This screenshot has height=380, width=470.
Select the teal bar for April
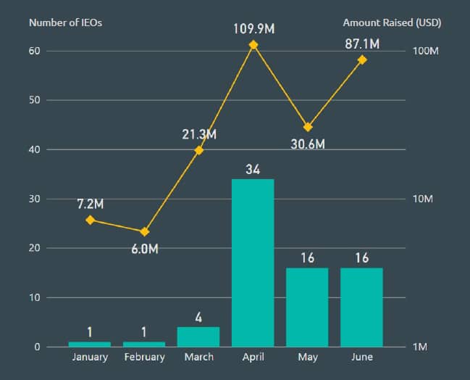253,263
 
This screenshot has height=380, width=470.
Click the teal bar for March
198,336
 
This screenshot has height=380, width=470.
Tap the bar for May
307,307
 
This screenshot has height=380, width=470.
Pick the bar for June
361,307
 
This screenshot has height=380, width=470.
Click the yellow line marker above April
253,45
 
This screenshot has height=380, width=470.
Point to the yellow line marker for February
144,231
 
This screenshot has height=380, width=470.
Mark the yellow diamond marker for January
91,220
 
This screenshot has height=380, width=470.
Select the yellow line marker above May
308,127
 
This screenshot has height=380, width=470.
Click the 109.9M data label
253,29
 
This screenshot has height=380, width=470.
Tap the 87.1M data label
362,44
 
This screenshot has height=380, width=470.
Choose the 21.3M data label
199,134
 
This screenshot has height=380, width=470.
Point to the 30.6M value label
308,143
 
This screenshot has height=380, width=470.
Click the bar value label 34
253,170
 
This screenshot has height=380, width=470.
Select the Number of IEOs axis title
65,22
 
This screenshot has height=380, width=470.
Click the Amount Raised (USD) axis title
392,22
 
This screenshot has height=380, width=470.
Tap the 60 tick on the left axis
34,51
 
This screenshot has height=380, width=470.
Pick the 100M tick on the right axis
427,51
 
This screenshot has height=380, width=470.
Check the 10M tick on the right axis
423,199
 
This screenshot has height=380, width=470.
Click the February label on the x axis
144,357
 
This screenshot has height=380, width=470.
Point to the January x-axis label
91,357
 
